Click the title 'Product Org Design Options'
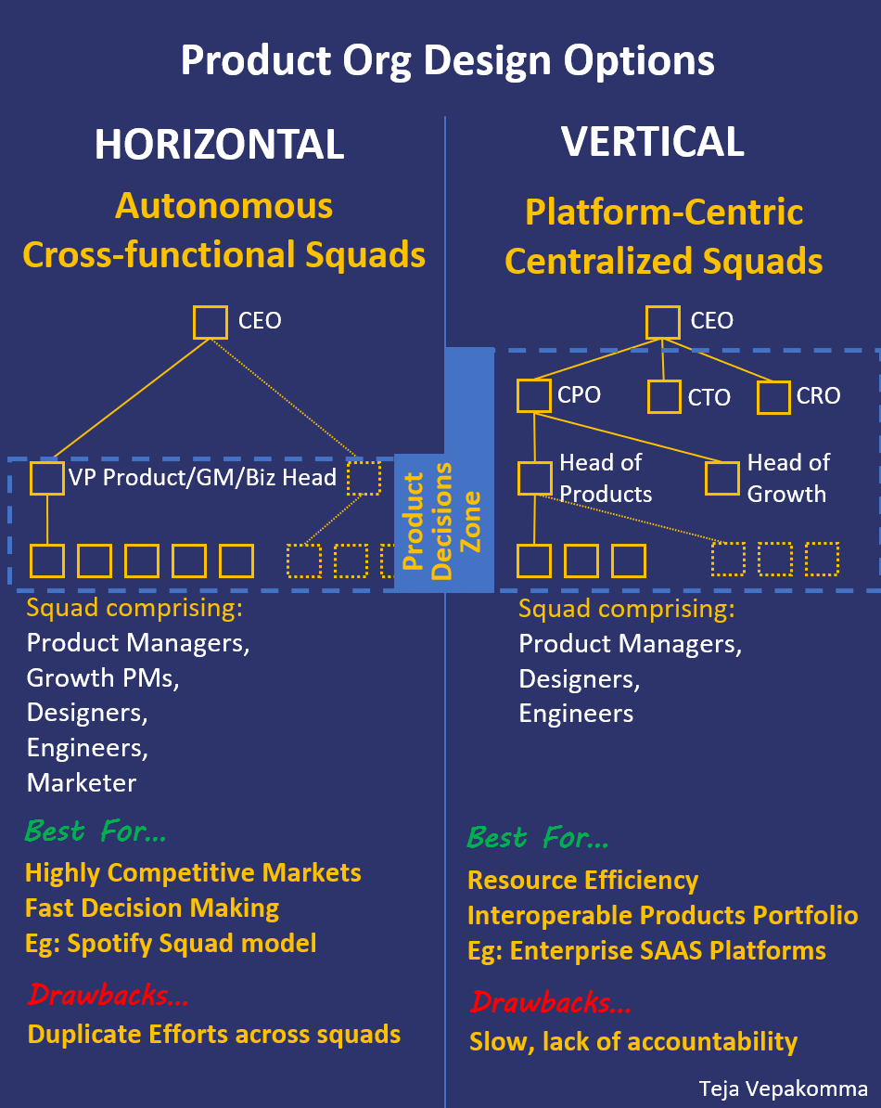[x=447, y=61]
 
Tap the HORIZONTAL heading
[x=220, y=145]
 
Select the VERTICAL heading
[x=652, y=141]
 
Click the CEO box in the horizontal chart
[x=211, y=322]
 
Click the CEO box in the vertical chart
[x=662, y=321]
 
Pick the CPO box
[x=534, y=395]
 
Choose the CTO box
[x=664, y=397]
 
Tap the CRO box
[x=773, y=397]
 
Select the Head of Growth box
[x=722, y=478]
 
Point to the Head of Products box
[x=535, y=478]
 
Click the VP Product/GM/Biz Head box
[x=47, y=478]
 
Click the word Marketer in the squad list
[x=82, y=782]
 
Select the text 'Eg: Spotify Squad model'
[x=171, y=944]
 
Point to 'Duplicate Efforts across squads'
[x=214, y=1034]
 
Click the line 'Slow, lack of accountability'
[x=632, y=1041]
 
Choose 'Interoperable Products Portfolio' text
[x=662, y=916]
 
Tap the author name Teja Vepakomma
[x=784, y=1089]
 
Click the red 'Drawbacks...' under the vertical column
[x=542, y=1002]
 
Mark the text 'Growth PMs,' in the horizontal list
[x=102, y=678]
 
